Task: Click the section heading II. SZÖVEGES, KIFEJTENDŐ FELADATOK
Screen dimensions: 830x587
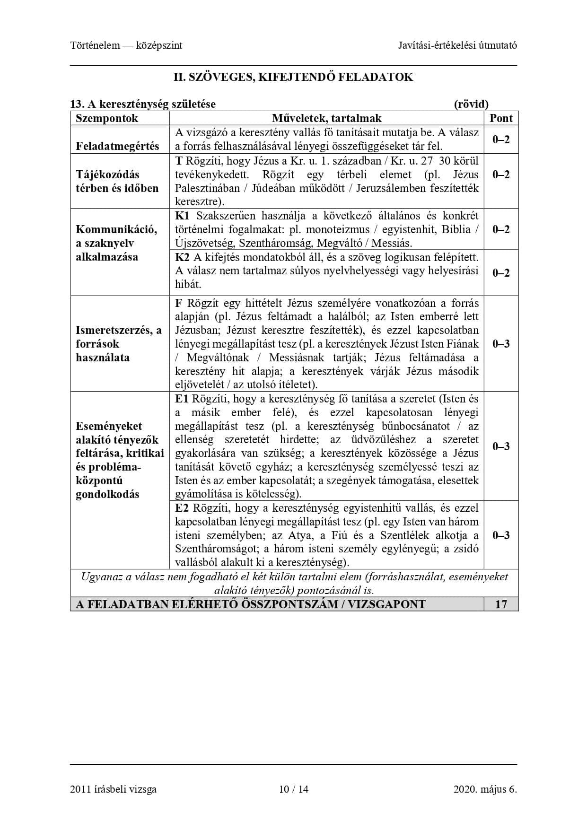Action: point(293,77)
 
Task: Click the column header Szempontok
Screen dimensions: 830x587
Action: point(107,118)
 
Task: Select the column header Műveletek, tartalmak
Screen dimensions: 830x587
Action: point(326,118)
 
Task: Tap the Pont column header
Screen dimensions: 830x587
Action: point(501,118)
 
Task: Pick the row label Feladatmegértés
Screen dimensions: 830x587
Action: point(117,146)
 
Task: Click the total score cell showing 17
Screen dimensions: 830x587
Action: point(501,604)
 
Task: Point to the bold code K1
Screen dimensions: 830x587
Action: point(182,216)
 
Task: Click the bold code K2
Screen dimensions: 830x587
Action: point(182,257)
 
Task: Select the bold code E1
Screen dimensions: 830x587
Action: point(182,399)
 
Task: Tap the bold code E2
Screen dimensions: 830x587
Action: point(182,508)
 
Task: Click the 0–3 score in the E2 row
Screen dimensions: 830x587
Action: point(501,535)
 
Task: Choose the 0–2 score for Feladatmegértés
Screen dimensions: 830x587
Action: point(501,140)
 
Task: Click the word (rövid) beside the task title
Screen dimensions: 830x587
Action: point(471,104)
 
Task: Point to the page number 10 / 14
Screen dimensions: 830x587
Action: point(293,789)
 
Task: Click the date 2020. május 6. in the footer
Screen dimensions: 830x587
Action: point(485,789)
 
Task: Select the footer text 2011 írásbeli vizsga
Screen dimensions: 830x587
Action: point(113,789)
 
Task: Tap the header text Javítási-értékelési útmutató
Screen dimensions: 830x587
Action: point(457,45)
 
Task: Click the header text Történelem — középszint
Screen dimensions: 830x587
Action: point(126,45)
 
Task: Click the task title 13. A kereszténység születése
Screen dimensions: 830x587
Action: point(143,104)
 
